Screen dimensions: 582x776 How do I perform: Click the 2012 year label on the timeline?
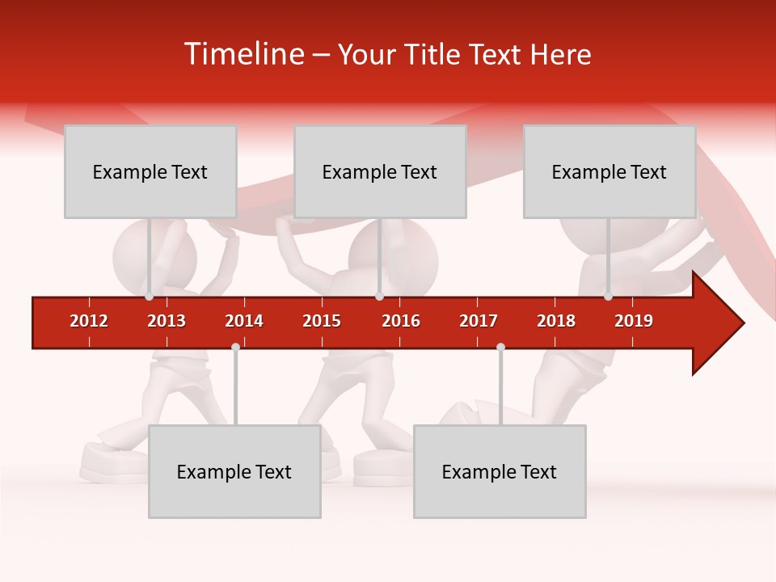89,321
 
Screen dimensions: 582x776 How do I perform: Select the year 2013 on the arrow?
167,321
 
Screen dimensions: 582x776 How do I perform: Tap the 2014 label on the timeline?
244,321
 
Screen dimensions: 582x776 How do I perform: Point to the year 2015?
322,321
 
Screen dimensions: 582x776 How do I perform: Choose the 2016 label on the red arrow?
401,321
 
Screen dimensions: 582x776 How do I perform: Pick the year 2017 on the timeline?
479,321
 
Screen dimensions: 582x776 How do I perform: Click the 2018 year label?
556,321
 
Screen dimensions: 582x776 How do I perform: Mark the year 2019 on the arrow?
634,321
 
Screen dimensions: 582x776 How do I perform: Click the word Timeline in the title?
242,54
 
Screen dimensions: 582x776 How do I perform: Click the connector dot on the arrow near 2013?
150,297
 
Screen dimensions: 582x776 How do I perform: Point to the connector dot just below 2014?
235,347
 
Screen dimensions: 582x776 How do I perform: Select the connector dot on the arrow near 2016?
379,297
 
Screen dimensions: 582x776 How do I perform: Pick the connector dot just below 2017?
500,347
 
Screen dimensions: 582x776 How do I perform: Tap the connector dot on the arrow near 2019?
609,297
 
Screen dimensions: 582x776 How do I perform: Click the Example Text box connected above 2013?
150,171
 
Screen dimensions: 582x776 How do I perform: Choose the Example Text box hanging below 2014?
234,471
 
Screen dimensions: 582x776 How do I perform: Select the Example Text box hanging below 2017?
500,471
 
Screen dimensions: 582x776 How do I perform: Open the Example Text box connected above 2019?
609,171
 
